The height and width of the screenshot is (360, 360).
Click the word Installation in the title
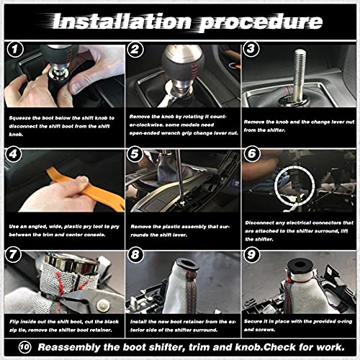118,21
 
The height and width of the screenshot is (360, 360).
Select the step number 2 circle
135,51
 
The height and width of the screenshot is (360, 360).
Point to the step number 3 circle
251,51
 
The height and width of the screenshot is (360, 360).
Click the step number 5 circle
135,154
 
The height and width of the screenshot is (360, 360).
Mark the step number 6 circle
251,154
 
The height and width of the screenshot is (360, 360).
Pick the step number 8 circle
135,254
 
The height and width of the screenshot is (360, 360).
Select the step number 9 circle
251,254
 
